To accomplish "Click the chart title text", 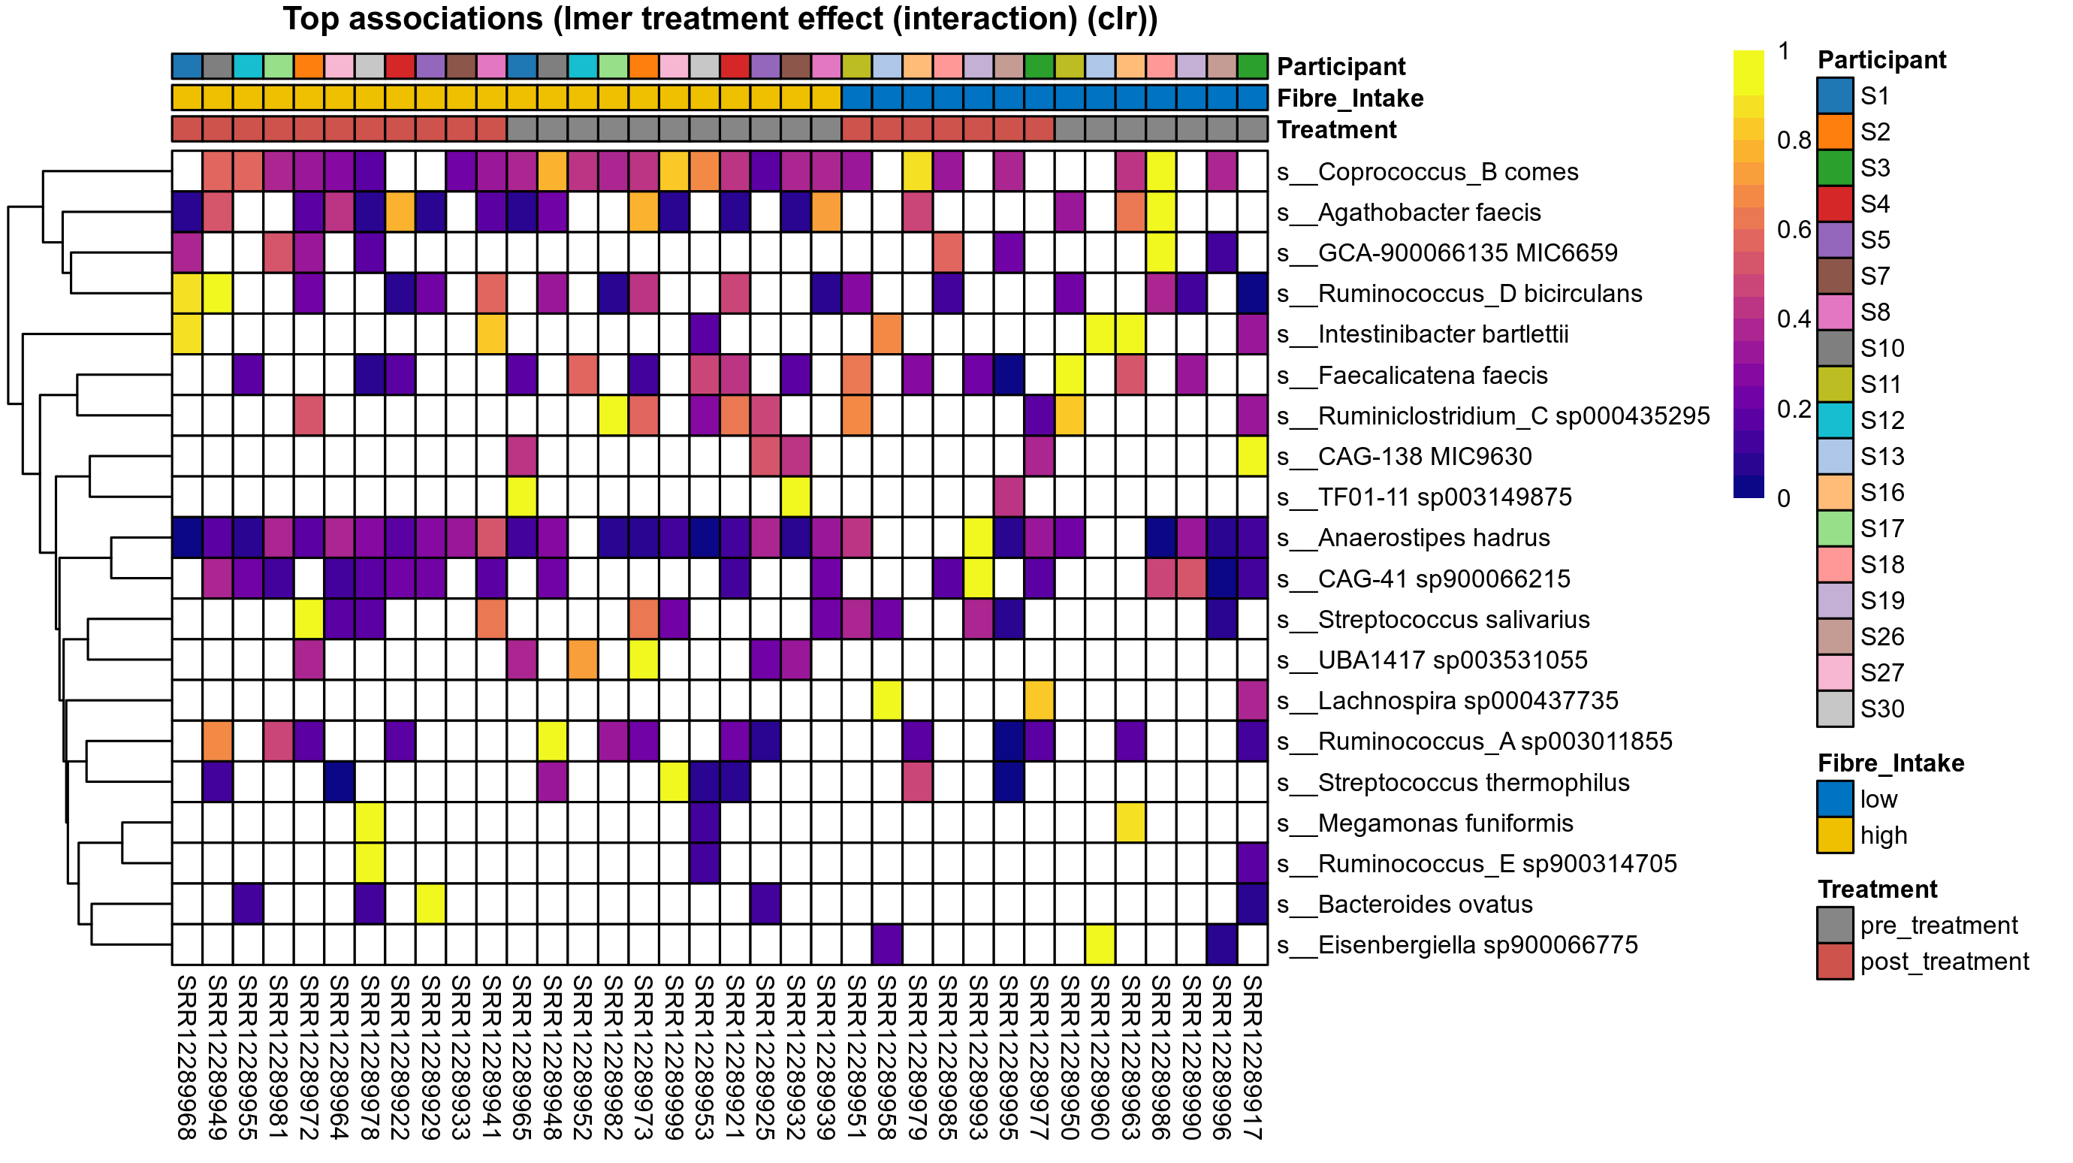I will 720,20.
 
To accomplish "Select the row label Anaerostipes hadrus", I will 1414,538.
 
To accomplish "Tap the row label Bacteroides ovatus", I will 1405,904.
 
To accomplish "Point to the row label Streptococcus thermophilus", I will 1453,782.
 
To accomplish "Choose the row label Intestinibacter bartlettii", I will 1423,334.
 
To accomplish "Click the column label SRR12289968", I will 187,1057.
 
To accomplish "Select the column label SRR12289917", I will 1252,1057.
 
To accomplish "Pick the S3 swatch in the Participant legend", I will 1835,168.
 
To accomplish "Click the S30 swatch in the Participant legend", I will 1835,709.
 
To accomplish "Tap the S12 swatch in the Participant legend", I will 1835,420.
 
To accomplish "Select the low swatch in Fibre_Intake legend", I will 1835,799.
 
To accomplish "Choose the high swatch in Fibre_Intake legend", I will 1835,835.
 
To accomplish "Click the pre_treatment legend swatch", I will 1835,926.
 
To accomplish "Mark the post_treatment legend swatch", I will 1835,962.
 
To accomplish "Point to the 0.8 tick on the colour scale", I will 1794,140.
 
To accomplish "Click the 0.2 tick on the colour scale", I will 1794,409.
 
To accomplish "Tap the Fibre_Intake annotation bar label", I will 1350,98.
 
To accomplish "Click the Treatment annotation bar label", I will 1337,129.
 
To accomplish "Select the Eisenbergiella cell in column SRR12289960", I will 1100,945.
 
